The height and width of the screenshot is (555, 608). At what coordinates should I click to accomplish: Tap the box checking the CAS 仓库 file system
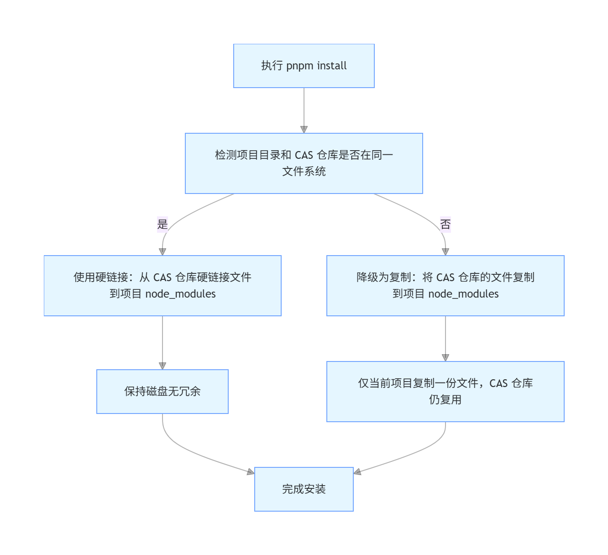click(x=304, y=163)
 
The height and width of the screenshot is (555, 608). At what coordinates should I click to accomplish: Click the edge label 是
click(x=162, y=224)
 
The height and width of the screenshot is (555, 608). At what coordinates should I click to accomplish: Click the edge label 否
click(x=446, y=224)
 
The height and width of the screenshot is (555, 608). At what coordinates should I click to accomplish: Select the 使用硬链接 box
click(x=162, y=285)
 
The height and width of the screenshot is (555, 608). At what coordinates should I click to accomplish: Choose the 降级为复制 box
click(x=445, y=285)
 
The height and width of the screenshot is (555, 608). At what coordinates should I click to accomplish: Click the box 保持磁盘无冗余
click(x=162, y=391)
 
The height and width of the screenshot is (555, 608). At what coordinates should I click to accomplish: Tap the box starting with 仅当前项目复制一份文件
click(x=445, y=391)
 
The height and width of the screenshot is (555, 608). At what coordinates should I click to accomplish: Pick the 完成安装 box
click(x=304, y=489)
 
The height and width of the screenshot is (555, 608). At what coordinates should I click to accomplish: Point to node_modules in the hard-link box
click(x=180, y=294)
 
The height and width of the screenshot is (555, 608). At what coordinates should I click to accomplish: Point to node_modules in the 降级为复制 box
click(x=463, y=294)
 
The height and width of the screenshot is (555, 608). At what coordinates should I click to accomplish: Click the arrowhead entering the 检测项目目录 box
click(x=304, y=129)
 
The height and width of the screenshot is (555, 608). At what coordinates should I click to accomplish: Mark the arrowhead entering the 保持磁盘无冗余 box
click(x=162, y=366)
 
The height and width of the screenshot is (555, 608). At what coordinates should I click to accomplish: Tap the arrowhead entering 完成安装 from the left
click(x=251, y=472)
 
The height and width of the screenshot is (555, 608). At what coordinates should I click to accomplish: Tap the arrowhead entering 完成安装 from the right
click(x=357, y=472)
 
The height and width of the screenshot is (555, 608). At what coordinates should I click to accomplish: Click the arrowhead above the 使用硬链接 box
click(x=162, y=251)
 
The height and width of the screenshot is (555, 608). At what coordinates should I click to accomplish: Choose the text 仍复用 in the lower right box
click(x=445, y=400)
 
